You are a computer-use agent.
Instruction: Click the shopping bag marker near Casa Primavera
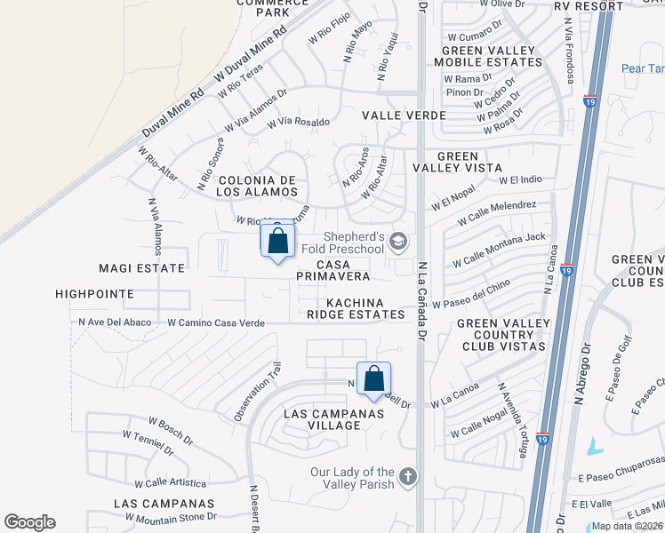click(x=277, y=241)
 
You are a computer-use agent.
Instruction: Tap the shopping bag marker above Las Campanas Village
click(x=374, y=378)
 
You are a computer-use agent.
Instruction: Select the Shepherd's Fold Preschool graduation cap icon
click(x=400, y=240)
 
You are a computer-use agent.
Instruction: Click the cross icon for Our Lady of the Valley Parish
click(x=408, y=476)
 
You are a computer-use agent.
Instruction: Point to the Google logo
click(x=29, y=522)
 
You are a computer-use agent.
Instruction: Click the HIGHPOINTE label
click(x=93, y=293)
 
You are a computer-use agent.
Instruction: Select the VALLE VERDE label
click(x=398, y=115)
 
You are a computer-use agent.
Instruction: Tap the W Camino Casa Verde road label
click(x=216, y=323)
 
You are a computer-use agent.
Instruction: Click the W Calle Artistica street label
click(x=170, y=483)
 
